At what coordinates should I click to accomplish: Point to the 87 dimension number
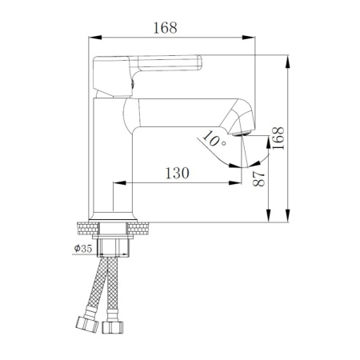pos(258,178)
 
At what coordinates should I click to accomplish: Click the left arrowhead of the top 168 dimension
pos(90,37)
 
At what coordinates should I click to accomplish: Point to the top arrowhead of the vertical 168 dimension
pos(286,58)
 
